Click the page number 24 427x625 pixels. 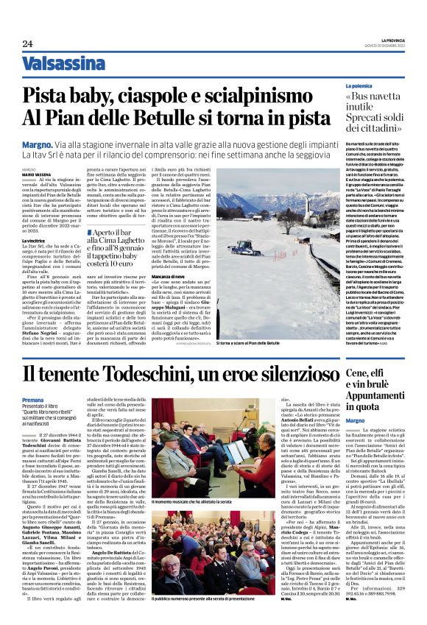[x=27, y=44]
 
